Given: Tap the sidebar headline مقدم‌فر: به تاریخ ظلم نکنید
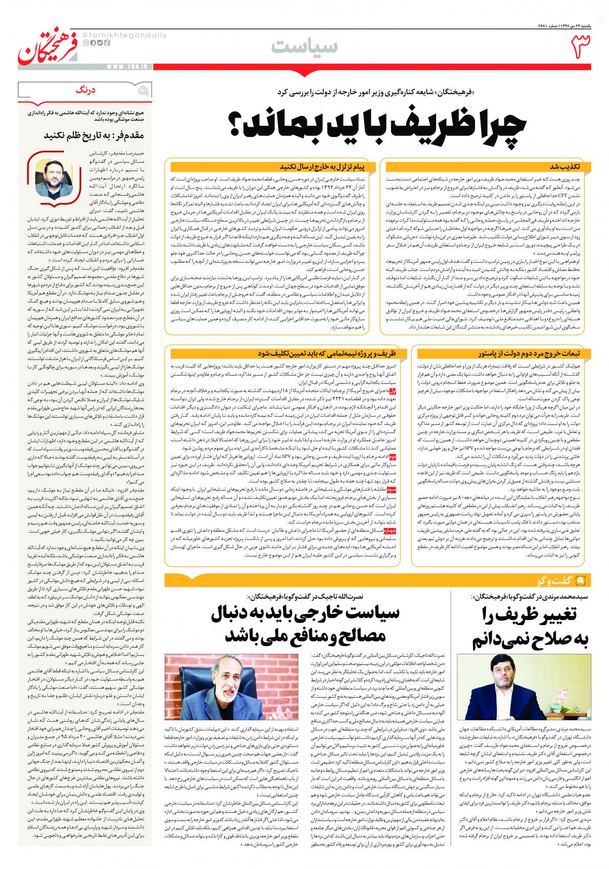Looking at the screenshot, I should tap(86, 135).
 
